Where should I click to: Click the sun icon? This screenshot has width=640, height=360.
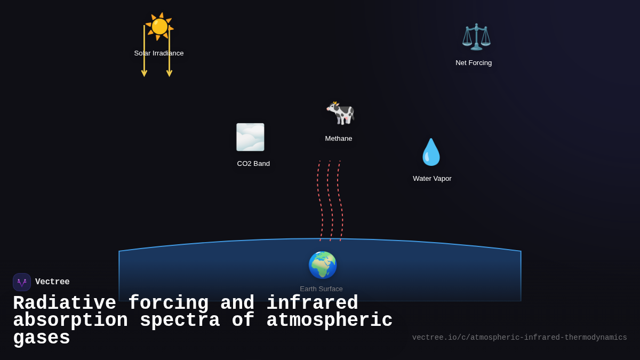159,26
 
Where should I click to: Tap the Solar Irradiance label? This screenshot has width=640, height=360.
159,53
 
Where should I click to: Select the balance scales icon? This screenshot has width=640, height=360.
476,36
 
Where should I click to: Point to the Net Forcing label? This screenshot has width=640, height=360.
474,63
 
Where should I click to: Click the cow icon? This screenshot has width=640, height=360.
340,113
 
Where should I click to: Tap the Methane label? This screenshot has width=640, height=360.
339,139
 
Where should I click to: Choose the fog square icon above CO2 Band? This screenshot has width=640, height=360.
250,137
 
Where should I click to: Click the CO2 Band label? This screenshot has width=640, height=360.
253,164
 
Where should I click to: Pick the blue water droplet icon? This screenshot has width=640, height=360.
431,152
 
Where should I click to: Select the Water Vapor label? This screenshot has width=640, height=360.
432,179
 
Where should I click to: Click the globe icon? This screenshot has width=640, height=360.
322,265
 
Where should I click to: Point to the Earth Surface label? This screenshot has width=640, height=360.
321,289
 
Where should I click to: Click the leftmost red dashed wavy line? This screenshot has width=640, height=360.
319,200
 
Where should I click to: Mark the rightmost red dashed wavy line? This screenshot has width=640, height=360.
340,200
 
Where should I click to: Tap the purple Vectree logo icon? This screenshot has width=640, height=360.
22,282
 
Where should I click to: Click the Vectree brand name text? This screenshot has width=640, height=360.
52,282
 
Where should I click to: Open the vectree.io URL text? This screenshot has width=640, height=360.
519,338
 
